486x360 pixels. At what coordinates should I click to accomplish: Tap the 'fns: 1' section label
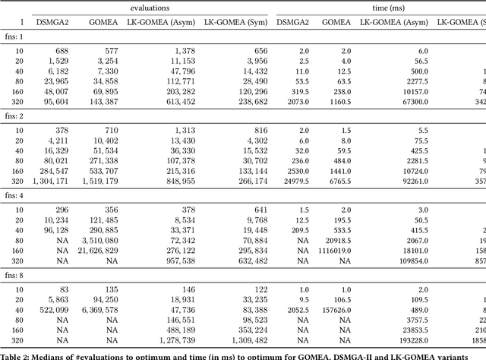point(16,36)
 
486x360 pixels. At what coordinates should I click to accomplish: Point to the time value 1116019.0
point(331,249)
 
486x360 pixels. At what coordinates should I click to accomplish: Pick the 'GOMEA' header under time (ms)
point(337,22)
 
